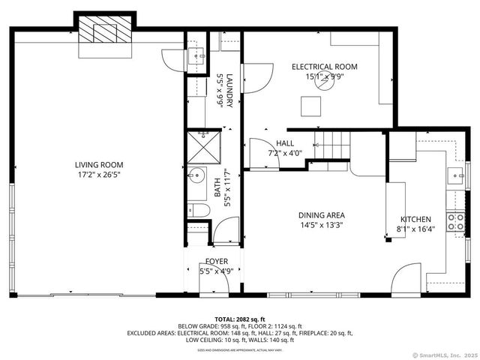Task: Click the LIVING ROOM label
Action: (98, 165)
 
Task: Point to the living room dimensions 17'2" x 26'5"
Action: (98, 175)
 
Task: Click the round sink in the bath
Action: (198, 176)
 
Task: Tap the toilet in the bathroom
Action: (198, 210)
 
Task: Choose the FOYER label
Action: (216, 262)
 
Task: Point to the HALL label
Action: (285, 143)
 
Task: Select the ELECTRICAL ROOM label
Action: (324, 67)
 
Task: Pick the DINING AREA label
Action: (322, 215)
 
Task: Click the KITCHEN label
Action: (415, 219)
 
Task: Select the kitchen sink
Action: (454, 175)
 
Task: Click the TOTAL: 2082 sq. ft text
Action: (240, 319)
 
